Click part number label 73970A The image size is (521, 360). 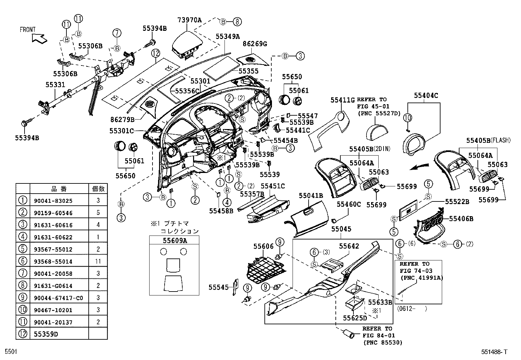click(189, 20)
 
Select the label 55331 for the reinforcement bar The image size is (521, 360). click(55, 85)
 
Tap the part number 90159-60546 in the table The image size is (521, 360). click(53, 213)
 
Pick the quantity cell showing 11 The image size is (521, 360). click(98, 261)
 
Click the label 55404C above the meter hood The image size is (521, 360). click(426, 96)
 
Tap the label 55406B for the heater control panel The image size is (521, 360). click(461, 218)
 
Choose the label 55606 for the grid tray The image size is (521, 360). click(263, 246)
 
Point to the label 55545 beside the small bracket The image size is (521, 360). click(219, 287)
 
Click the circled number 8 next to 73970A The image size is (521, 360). click(237, 22)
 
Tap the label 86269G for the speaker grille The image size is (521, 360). click(255, 43)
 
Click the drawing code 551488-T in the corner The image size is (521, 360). click(494, 352)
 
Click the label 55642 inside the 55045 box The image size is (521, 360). click(349, 246)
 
